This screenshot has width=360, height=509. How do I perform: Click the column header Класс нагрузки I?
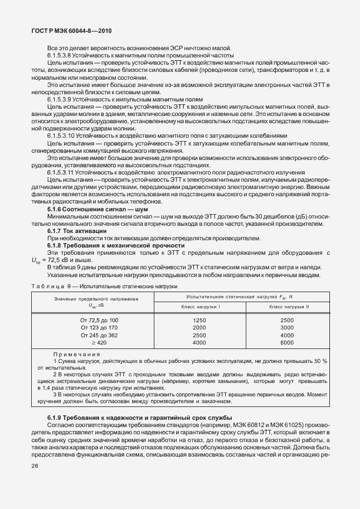tap(201, 307)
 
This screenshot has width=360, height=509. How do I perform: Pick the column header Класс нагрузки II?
tap(289, 307)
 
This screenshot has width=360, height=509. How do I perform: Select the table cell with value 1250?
tap(199, 320)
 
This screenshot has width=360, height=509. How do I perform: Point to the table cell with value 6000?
tap(287, 343)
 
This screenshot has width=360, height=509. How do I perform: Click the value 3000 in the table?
tap(287, 328)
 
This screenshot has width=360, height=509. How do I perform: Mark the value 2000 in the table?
tap(199, 328)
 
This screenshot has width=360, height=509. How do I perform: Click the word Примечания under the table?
tap(76, 354)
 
